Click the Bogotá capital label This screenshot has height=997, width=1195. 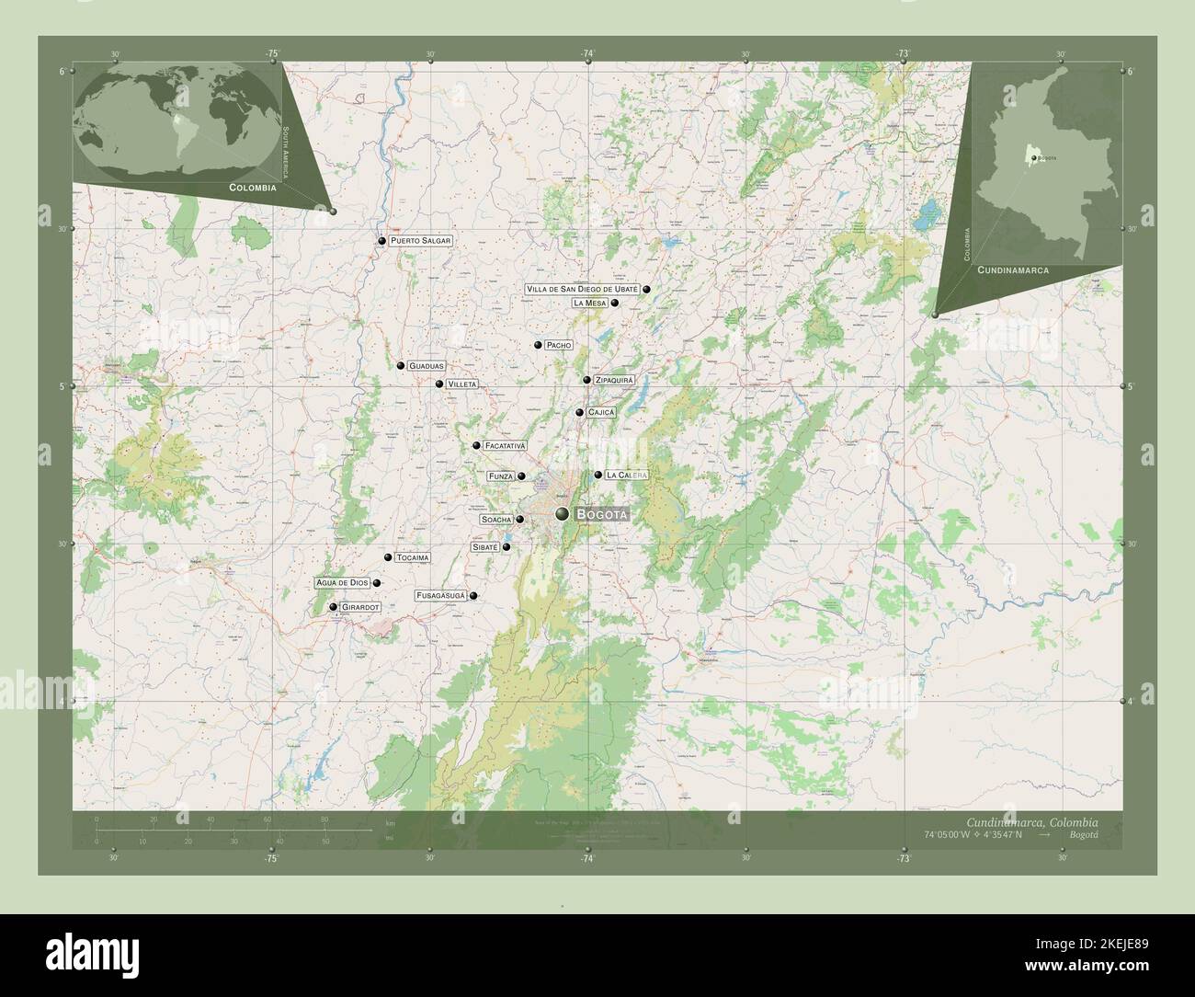pos(602,515)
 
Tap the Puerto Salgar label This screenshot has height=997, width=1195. pos(421,241)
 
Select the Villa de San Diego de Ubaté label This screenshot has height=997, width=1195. pos(582,289)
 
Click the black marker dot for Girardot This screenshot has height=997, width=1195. pos(333,607)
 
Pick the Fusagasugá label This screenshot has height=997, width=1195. pos(441,596)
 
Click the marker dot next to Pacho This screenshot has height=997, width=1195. pos(538,345)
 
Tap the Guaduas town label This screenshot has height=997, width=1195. pos(427,366)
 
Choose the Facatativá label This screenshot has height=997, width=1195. pos(505,446)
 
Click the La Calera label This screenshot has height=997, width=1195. pos(627,476)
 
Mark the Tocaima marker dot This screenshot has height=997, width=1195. pos(388,557)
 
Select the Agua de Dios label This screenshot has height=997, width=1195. pos(342,583)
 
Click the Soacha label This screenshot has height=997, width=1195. pos(496,520)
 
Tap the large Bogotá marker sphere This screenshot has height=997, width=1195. pos(562,514)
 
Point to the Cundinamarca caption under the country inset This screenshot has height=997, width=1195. pos(1013,271)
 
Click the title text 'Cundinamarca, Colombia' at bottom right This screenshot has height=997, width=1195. pos(1031,821)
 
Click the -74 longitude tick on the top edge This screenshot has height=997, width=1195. pos(587,54)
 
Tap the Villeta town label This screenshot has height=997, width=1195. pos(461,384)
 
